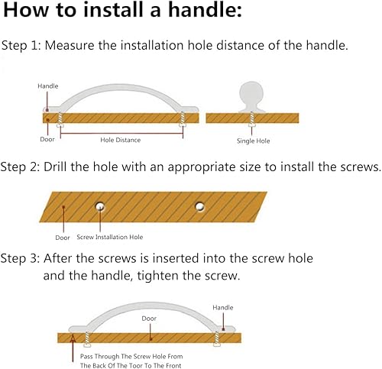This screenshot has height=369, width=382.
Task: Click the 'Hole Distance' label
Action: tap(121, 140)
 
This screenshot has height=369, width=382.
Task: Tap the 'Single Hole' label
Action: tap(253, 141)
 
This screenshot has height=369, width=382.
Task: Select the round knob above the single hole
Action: tap(251, 97)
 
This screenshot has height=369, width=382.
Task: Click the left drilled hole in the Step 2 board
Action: tap(100, 206)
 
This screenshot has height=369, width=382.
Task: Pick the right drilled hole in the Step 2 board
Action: tap(199, 206)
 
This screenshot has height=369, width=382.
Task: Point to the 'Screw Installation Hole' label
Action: tap(110, 237)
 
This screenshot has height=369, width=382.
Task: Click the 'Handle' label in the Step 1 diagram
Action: tap(48, 86)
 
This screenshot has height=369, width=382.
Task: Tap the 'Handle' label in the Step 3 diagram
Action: tap(223, 308)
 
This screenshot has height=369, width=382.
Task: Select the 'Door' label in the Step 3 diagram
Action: tap(149, 319)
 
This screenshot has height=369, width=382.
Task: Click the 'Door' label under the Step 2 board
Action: tap(63, 238)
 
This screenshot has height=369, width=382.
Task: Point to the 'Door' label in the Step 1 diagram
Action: tap(47, 139)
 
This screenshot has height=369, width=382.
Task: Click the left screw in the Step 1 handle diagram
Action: tap(60, 120)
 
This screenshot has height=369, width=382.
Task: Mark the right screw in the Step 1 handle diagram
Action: tap(183, 119)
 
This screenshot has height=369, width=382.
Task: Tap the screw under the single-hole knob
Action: tap(251, 119)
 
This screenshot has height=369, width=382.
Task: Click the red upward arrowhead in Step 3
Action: tap(73, 338)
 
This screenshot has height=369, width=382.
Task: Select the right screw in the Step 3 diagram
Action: tap(217, 339)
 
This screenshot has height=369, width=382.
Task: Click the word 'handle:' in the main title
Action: tap(206, 10)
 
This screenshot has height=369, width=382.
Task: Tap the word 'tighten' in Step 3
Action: tap(157, 275)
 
